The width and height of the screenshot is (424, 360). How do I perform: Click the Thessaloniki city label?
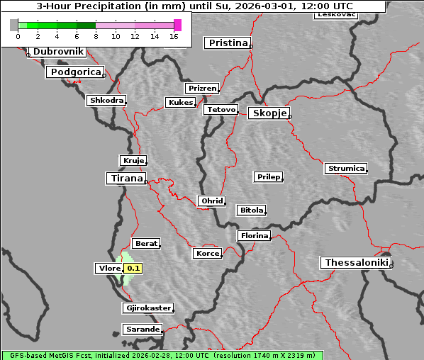(x=357, y=263)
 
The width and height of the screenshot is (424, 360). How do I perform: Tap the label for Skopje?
(x=268, y=113)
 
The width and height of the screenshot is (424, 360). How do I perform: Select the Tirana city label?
(x=125, y=178)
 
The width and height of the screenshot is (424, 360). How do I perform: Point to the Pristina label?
(x=228, y=43)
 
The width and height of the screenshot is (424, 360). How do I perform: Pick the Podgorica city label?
(x=74, y=72)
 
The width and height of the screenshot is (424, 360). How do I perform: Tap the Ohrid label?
(x=211, y=201)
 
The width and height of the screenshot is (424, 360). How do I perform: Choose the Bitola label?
(x=251, y=210)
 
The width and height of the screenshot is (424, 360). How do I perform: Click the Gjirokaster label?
(x=147, y=308)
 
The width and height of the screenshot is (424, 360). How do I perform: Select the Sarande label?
(x=142, y=330)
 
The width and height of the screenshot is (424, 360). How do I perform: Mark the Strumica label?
(x=346, y=169)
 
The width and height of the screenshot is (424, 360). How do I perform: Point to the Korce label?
(x=207, y=254)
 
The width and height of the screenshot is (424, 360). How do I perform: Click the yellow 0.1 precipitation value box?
(x=133, y=269)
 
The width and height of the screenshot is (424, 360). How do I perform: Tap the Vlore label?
(x=108, y=269)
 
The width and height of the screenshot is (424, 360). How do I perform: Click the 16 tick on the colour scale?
(x=174, y=36)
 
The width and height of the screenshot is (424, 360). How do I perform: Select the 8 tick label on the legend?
(x=96, y=36)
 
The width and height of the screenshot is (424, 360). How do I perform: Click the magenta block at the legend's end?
(x=177, y=25)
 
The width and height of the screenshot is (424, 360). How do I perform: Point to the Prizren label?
(x=202, y=89)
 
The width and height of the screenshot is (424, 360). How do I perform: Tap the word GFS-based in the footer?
(x=23, y=355)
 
